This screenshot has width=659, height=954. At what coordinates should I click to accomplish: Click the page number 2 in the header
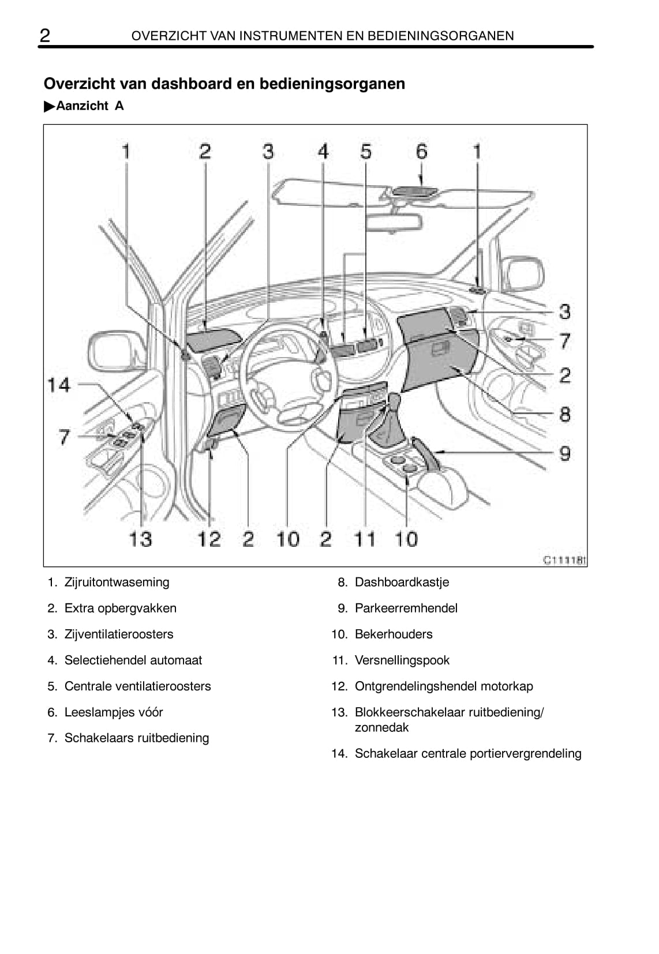click(x=45, y=35)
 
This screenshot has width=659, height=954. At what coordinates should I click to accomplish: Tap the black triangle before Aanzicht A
click(x=50, y=107)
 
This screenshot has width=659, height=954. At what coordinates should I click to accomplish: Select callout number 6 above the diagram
click(x=421, y=151)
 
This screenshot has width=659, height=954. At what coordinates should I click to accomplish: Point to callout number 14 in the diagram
click(x=59, y=385)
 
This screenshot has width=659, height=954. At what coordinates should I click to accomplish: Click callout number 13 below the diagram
click(x=141, y=539)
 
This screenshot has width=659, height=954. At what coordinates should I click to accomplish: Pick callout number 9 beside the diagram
click(x=564, y=453)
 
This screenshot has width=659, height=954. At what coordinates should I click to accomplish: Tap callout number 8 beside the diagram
click(x=564, y=414)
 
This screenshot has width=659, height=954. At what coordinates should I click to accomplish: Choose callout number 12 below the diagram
click(x=209, y=539)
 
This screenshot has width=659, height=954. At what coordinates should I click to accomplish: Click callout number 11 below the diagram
click(x=365, y=539)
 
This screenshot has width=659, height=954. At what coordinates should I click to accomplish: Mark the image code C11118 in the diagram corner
click(x=565, y=560)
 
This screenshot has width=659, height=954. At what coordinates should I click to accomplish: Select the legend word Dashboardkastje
click(x=402, y=582)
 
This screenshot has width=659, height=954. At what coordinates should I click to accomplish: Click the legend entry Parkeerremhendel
click(x=406, y=608)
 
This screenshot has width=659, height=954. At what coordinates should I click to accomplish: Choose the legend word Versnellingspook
click(x=402, y=660)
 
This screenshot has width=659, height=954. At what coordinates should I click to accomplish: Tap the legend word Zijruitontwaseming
click(x=117, y=582)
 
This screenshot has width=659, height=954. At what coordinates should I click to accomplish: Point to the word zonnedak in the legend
click(x=381, y=727)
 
